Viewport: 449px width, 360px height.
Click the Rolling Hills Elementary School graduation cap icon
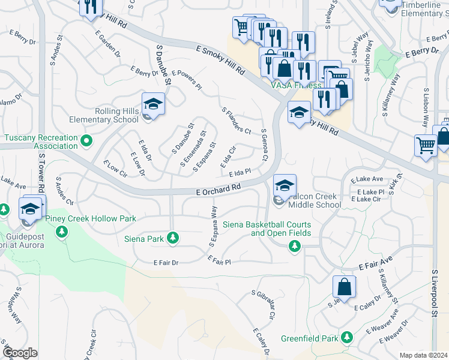pyautogui.click(x=153, y=105)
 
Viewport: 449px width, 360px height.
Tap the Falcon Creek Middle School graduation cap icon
pyautogui.click(x=285, y=185)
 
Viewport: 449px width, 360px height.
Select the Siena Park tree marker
pyautogui.click(x=173, y=239)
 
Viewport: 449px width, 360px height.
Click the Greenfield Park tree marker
pyautogui.click(x=346, y=338)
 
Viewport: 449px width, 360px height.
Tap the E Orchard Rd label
pyautogui.click(x=218, y=188)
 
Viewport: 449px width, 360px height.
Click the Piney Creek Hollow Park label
pyautogui.click(x=94, y=219)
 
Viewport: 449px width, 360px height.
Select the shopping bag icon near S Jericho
pyautogui.click(x=345, y=289)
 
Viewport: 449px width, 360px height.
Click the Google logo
pyautogui.click(x=20, y=353)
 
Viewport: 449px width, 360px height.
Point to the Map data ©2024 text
pyautogui.click(x=423, y=355)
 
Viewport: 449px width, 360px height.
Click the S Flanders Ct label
pyautogui.click(x=236, y=121)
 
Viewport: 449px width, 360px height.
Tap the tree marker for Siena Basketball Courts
pyautogui.click(x=294, y=245)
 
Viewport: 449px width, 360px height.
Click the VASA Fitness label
pyautogui.click(x=296, y=85)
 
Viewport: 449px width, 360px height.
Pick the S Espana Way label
pyautogui.click(x=212, y=226)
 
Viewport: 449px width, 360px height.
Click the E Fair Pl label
pyautogui.click(x=219, y=260)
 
